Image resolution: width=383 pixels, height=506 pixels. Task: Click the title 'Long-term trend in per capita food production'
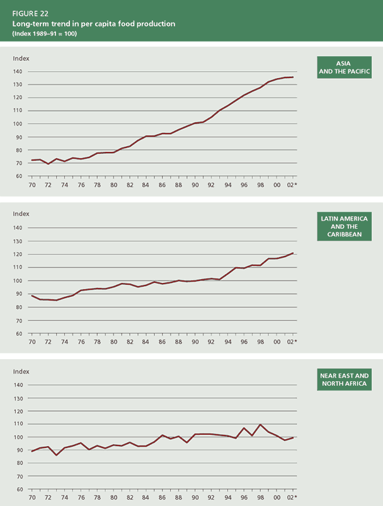[93, 23]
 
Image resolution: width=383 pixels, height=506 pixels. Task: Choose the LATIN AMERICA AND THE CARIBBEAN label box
[344, 227]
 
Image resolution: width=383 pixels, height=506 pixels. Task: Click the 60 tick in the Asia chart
[19, 176]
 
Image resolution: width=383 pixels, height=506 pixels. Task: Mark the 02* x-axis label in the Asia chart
[292, 185]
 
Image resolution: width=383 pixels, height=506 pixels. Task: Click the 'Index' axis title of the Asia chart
[21, 59]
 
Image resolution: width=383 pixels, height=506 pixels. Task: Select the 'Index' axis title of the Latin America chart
[21, 214]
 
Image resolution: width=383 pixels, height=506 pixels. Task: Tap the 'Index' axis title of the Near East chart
[21, 372]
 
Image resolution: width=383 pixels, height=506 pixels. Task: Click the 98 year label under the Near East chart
[261, 497]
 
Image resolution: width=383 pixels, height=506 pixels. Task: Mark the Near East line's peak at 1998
[261, 425]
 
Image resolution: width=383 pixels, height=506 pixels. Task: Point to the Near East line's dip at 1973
[56, 455]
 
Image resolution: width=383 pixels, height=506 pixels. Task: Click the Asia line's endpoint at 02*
[293, 77]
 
